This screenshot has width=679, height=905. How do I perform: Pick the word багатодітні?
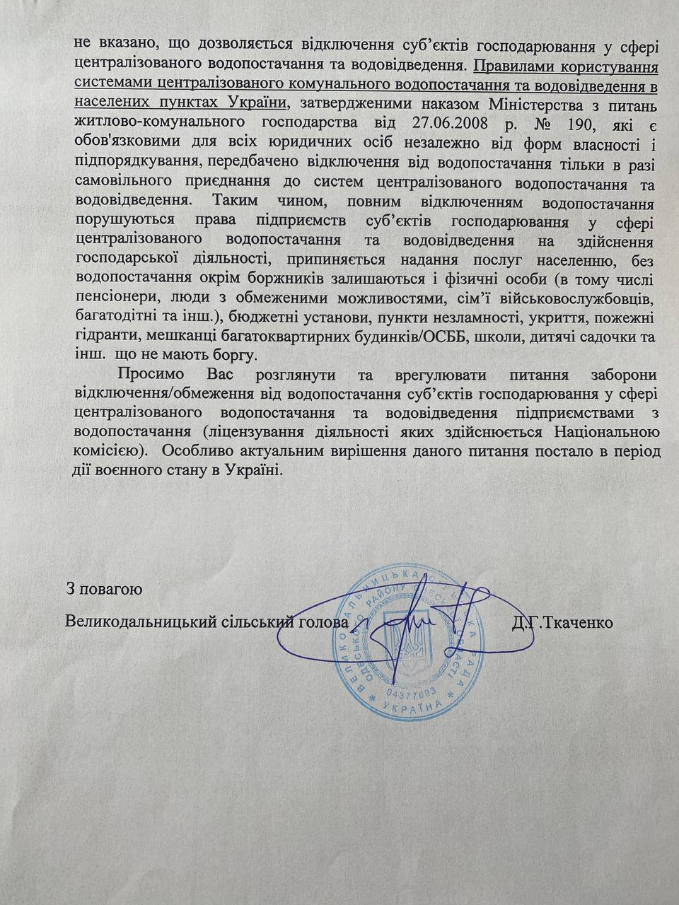click(x=110, y=312)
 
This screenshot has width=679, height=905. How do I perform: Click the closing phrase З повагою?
click(x=104, y=588)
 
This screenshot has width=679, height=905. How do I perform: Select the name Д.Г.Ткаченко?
click(x=562, y=623)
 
